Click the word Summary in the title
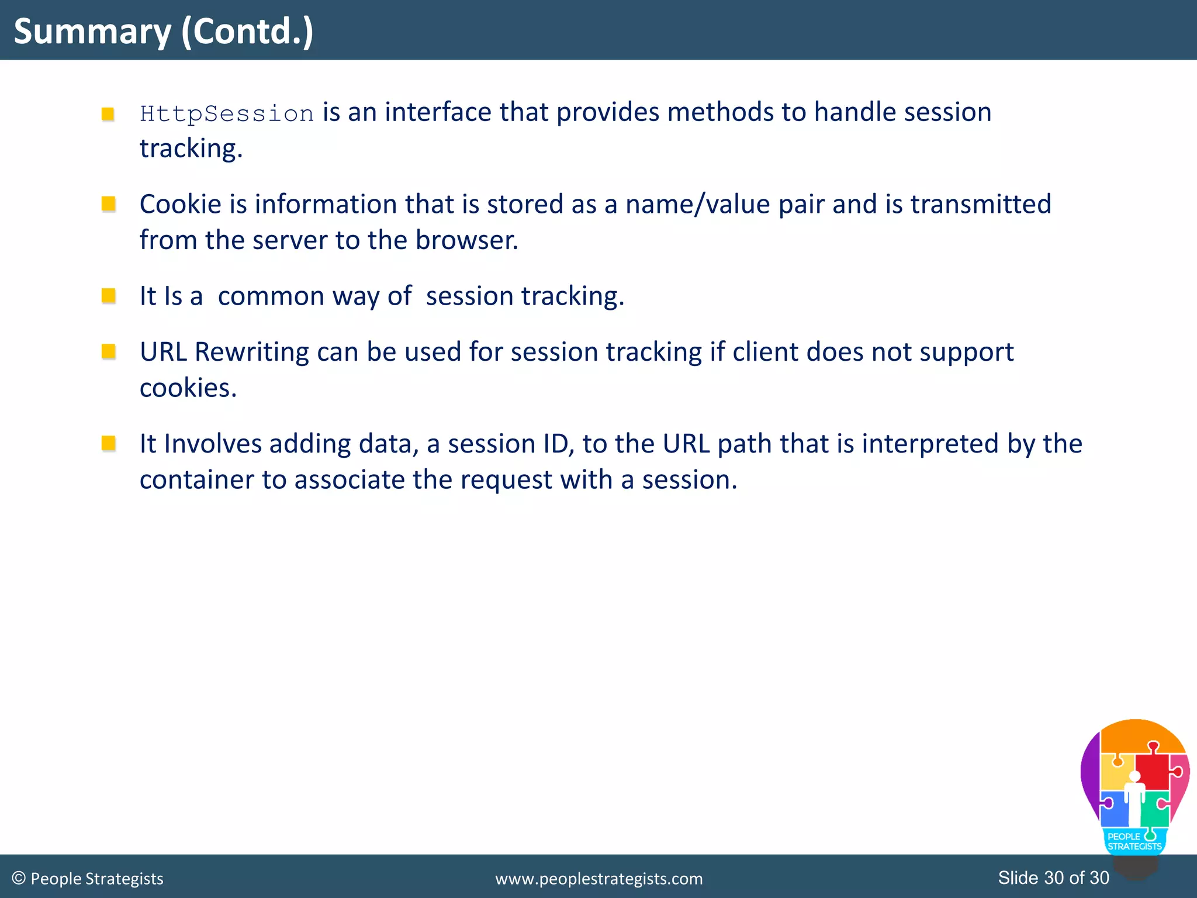tap(92, 32)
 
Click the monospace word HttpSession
tap(227, 113)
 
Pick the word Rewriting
tap(251, 352)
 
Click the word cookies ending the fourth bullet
tap(188, 388)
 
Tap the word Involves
tap(213, 444)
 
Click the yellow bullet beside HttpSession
tap(108, 113)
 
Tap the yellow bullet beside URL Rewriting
tap(108, 351)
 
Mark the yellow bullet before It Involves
tap(108, 443)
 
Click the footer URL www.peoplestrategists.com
tap(598, 879)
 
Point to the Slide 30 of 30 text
tap(1053, 878)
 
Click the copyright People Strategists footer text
tap(88, 879)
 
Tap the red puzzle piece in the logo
tap(1153, 771)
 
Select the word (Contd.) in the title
tap(247, 32)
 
